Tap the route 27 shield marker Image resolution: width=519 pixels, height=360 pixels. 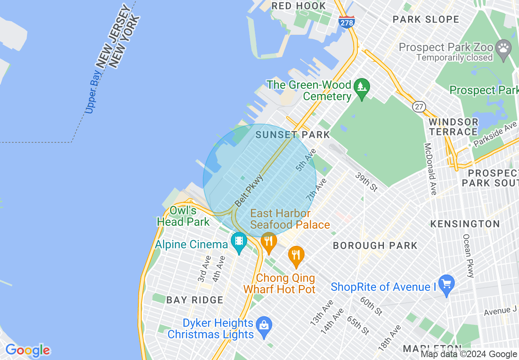pyautogui.click(x=418, y=107)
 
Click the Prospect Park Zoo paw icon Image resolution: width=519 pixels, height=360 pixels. pyautogui.click(x=503, y=49)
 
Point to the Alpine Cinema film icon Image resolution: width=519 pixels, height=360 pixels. pyautogui.click(x=239, y=242)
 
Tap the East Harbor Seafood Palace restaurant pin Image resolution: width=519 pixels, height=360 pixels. pyautogui.click(x=269, y=242)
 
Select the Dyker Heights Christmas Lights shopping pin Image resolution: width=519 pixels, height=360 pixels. pyautogui.click(x=264, y=327)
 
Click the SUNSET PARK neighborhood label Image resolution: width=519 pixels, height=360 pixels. pyautogui.click(x=292, y=135)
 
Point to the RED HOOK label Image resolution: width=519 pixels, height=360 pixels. pyautogui.click(x=299, y=6)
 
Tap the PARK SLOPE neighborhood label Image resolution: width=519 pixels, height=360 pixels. pyautogui.click(x=426, y=19)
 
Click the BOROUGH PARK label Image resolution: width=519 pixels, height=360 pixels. pyautogui.click(x=375, y=245)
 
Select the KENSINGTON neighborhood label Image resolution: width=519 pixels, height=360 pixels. pyautogui.click(x=465, y=224)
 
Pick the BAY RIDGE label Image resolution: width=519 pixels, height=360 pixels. pyautogui.click(x=195, y=300)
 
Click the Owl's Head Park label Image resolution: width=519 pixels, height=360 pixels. pyautogui.click(x=183, y=216)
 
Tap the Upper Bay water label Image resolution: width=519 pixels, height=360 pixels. pyautogui.click(x=93, y=92)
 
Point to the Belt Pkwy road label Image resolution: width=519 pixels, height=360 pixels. pyautogui.click(x=248, y=190)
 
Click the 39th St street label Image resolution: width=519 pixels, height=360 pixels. pyautogui.click(x=366, y=182)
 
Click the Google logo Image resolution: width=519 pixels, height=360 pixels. pyautogui.click(x=27, y=350)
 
